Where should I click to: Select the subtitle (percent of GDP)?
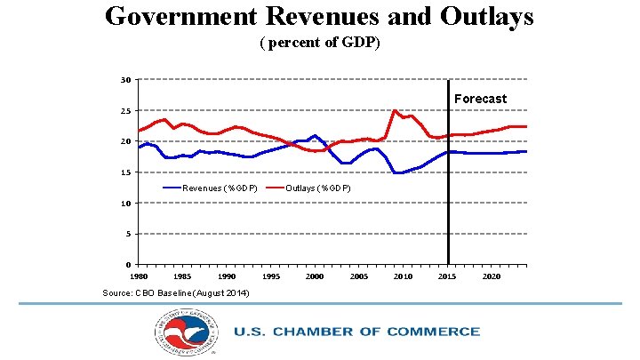320,43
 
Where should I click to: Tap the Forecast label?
480,99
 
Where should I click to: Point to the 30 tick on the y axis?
127,80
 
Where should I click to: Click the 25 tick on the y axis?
127,111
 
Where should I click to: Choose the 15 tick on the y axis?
127,172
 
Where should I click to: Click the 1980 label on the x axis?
139,276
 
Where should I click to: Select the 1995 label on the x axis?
271,276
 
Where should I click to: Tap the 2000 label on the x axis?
315,276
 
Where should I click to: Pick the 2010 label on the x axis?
403,276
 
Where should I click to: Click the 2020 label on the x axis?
492,276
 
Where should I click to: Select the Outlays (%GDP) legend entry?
317,188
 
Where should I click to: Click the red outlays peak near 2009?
395,111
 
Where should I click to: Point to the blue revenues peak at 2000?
315,136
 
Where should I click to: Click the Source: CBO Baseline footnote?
176,293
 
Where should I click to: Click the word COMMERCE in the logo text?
432,332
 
